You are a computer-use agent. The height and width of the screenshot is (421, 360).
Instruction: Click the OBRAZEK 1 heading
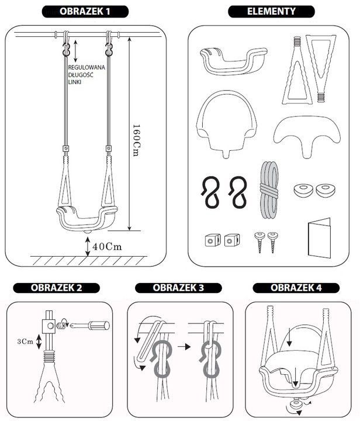[85, 12]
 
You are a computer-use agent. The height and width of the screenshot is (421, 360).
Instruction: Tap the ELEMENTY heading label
[271, 12]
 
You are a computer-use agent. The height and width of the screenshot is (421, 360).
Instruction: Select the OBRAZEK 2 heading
[56, 288]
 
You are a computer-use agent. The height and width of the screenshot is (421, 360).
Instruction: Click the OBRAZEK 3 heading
[178, 288]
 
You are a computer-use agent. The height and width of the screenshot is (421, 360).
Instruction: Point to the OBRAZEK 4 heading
[296, 288]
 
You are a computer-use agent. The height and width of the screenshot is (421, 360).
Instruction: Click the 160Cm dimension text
[137, 140]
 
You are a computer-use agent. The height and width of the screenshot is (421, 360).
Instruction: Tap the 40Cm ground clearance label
[107, 247]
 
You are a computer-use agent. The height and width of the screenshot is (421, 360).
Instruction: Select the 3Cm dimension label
[25, 341]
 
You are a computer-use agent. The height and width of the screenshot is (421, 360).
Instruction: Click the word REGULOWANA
[86, 67]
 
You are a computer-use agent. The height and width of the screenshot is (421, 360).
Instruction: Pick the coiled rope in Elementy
[269, 190]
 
